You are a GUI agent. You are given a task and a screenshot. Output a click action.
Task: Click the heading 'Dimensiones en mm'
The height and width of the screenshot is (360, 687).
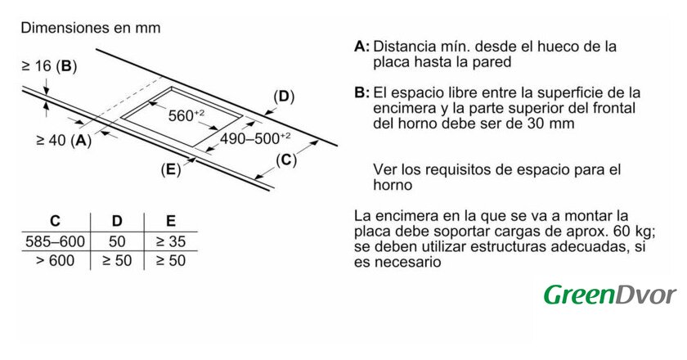(x=91, y=28)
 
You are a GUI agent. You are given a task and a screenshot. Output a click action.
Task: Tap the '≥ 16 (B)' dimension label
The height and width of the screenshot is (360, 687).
(x=50, y=66)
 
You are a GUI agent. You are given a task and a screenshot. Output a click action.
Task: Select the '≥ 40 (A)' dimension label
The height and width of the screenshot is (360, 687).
(x=64, y=141)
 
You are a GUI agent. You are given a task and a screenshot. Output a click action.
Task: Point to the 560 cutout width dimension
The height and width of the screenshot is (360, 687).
(x=186, y=115)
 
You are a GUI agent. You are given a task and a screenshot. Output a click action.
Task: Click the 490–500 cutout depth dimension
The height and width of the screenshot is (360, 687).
(x=255, y=138)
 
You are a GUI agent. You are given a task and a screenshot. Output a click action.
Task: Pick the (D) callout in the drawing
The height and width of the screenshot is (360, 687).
(x=284, y=97)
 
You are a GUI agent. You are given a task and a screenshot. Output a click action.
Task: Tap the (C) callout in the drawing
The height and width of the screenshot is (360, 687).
(x=286, y=160)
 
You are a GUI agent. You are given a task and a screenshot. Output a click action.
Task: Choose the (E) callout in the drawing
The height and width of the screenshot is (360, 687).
(x=171, y=169)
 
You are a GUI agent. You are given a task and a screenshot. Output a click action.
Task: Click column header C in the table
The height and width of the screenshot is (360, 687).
(x=56, y=221)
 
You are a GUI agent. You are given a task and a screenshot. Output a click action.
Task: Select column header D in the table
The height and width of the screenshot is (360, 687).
(x=117, y=221)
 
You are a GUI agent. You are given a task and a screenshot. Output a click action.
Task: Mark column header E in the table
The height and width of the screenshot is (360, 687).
(x=171, y=221)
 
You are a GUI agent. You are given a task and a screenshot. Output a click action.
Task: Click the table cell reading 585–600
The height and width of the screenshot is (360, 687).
(x=56, y=241)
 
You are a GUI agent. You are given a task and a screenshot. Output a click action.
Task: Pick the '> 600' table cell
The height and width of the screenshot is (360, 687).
(x=56, y=261)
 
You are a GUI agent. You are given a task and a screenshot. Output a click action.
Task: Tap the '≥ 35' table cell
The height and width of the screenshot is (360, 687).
(x=171, y=241)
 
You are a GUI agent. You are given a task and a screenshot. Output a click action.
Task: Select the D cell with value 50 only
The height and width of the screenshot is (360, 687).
(x=117, y=241)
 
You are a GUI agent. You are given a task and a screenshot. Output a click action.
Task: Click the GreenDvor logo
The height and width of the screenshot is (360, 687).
(x=610, y=295)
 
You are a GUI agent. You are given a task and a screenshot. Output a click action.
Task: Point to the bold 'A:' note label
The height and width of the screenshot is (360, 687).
(x=361, y=47)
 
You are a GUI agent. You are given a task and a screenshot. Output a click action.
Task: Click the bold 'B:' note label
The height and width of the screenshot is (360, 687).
(x=361, y=93)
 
